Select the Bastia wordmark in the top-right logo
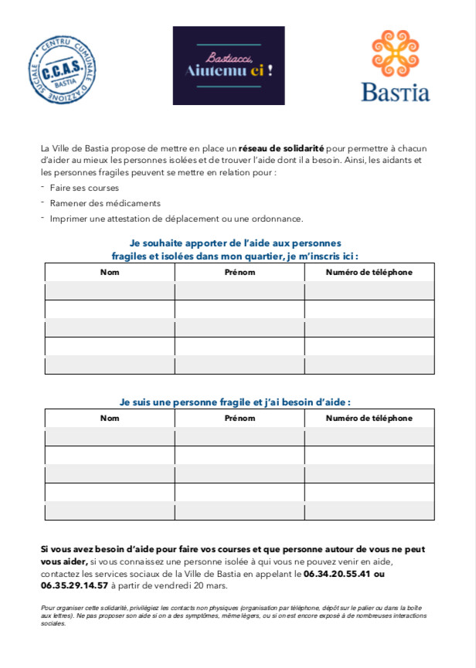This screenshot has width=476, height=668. click(395, 92)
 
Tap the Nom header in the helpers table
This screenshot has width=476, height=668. click(110, 272)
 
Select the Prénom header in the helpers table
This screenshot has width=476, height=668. click(240, 272)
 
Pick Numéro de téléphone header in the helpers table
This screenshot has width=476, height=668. click(369, 272)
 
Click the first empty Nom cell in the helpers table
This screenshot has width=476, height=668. click(110, 290)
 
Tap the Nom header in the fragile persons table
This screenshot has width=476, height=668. click(110, 418)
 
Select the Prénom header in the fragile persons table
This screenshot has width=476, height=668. click(240, 418)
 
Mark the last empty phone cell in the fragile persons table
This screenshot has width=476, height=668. click(369, 510)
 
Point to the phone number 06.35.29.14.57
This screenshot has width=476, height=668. click(74, 586)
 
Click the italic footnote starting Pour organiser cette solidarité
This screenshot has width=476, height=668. click(232, 615)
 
